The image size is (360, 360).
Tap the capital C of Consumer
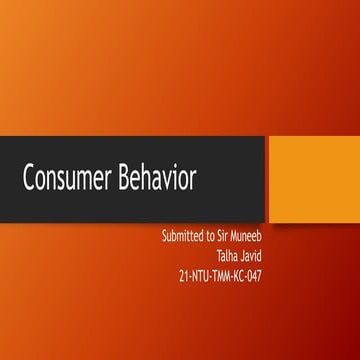(30, 180)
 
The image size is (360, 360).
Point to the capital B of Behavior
(125, 180)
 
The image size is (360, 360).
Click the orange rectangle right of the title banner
(314, 180)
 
